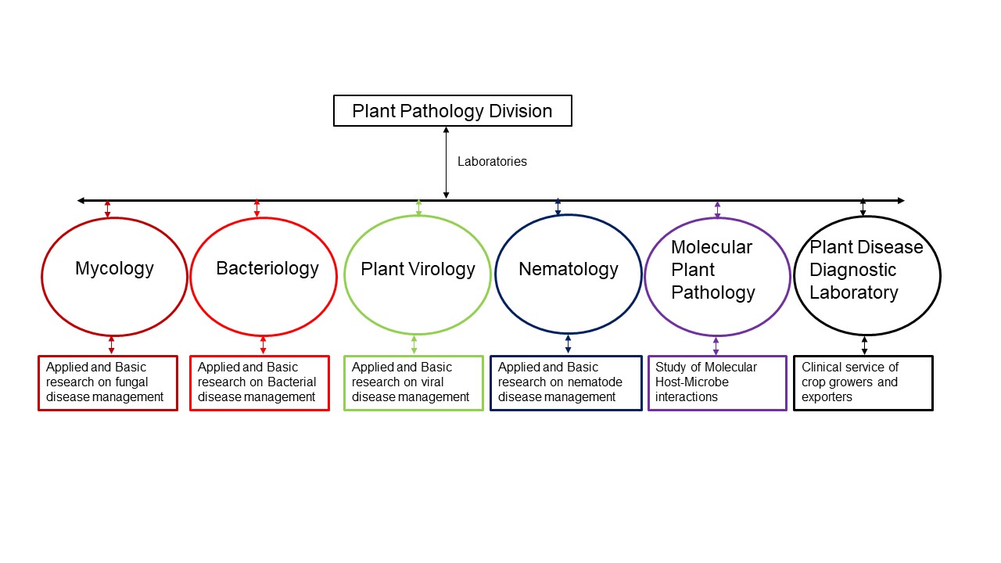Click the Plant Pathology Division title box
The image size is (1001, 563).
point(452,110)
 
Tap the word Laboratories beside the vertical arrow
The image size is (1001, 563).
point(492,162)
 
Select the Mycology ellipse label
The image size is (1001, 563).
point(114,268)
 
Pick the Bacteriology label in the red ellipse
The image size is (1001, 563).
point(267,268)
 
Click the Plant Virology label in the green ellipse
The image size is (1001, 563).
point(418,269)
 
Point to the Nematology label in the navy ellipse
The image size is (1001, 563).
point(569,269)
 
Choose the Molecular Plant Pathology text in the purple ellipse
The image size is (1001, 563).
point(712,270)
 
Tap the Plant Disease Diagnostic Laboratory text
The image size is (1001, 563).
point(866,270)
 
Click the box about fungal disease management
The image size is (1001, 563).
point(108,382)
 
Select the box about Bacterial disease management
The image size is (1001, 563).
point(260,382)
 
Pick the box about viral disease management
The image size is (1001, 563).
point(414,382)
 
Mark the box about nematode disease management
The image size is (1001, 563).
point(565,382)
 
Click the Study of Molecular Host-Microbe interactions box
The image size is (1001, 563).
point(717,382)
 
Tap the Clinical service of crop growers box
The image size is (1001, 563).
point(863,382)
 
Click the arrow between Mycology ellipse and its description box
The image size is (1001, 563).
point(111,345)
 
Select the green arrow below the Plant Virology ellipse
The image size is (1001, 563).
point(414,345)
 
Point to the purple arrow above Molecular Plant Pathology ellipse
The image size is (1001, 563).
point(717,209)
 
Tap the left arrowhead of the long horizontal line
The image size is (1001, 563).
point(81,201)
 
